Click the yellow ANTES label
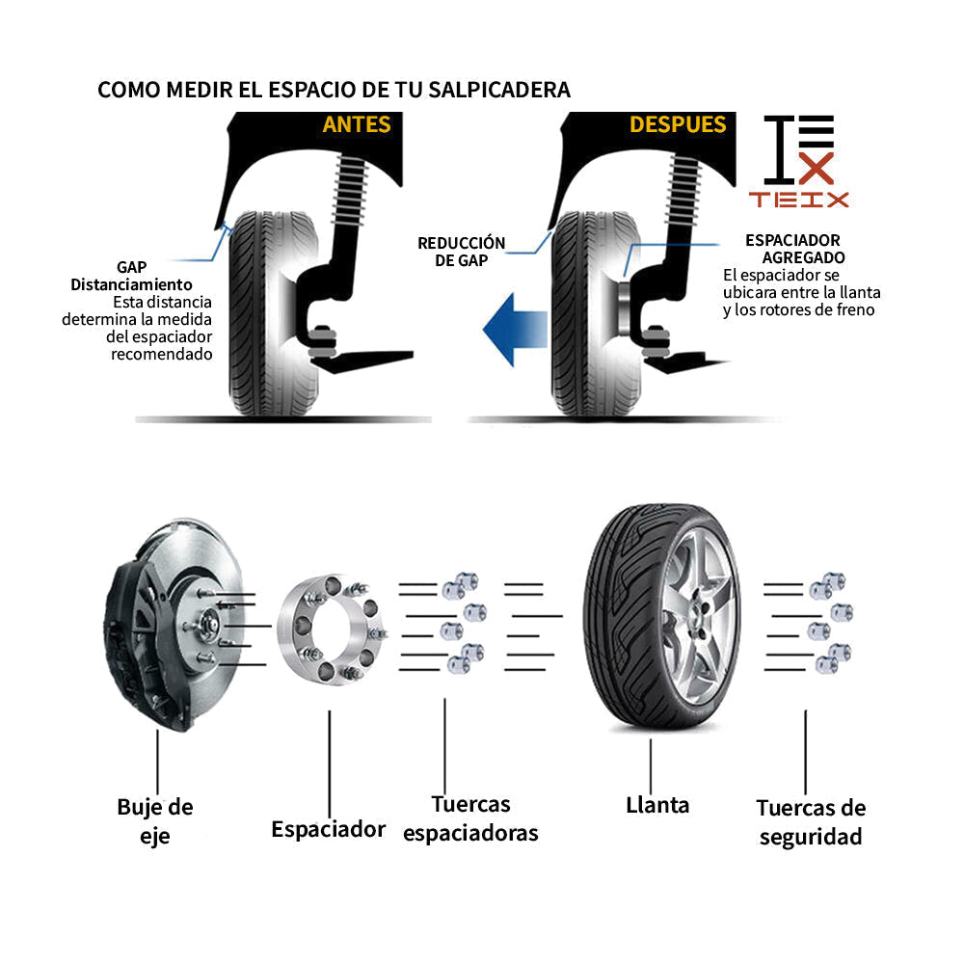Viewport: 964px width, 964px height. coord(357,124)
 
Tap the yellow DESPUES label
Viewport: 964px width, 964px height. coord(678,124)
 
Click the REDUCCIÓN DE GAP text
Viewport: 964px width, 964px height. coord(461,251)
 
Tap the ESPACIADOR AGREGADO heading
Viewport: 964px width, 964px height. coord(794,249)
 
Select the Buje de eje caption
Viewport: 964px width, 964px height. coord(155,820)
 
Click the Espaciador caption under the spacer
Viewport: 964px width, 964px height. coord(328,829)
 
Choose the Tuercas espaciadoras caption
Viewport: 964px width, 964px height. coord(470,818)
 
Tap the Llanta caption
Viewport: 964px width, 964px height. coord(657,804)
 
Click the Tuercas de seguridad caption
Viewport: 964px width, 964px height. coord(810,822)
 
